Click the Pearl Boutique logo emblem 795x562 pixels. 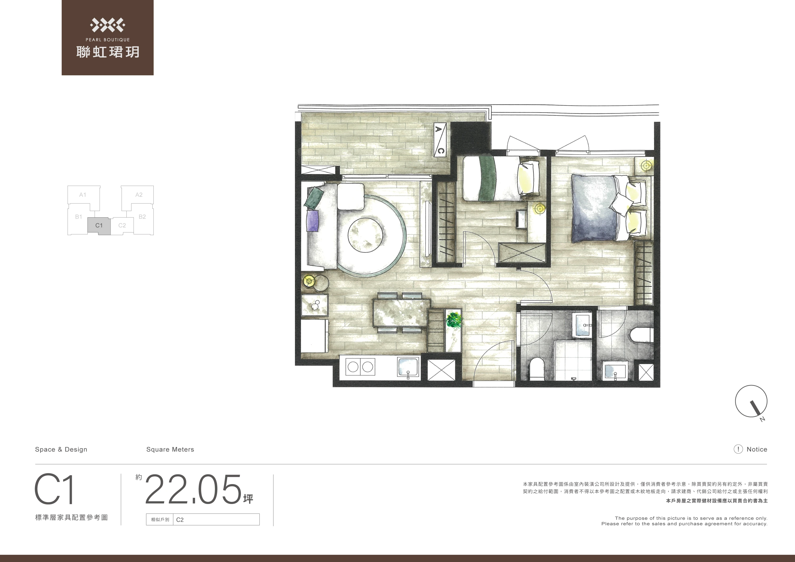(108, 25)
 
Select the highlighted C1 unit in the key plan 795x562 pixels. (99, 226)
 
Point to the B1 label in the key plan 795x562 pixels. (79, 217)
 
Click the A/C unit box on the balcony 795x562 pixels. (440, 140)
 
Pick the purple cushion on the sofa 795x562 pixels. (312, 221)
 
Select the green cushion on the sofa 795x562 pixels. (314, 197)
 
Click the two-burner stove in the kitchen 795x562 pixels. (360, 367)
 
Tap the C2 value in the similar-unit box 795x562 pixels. (180, 520)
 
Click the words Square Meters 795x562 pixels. (170, 449)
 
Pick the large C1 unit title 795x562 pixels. (54, 490)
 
